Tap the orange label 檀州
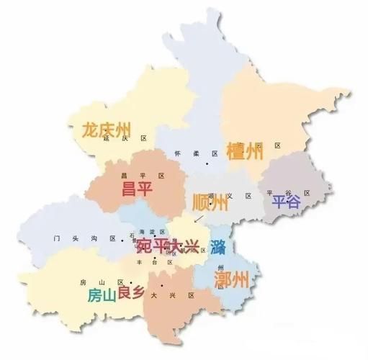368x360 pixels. [x=245, y=152]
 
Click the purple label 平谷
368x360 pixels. [x=285, y=202]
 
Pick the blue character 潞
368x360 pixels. [x=220, y=248]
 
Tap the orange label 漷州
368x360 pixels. [x=232, y=279]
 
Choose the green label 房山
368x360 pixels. [x=102, y=296]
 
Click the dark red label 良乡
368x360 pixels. [x=134, y=290]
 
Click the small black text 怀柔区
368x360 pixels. [x=196, y=154]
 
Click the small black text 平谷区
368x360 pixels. [x=288, y=193]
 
